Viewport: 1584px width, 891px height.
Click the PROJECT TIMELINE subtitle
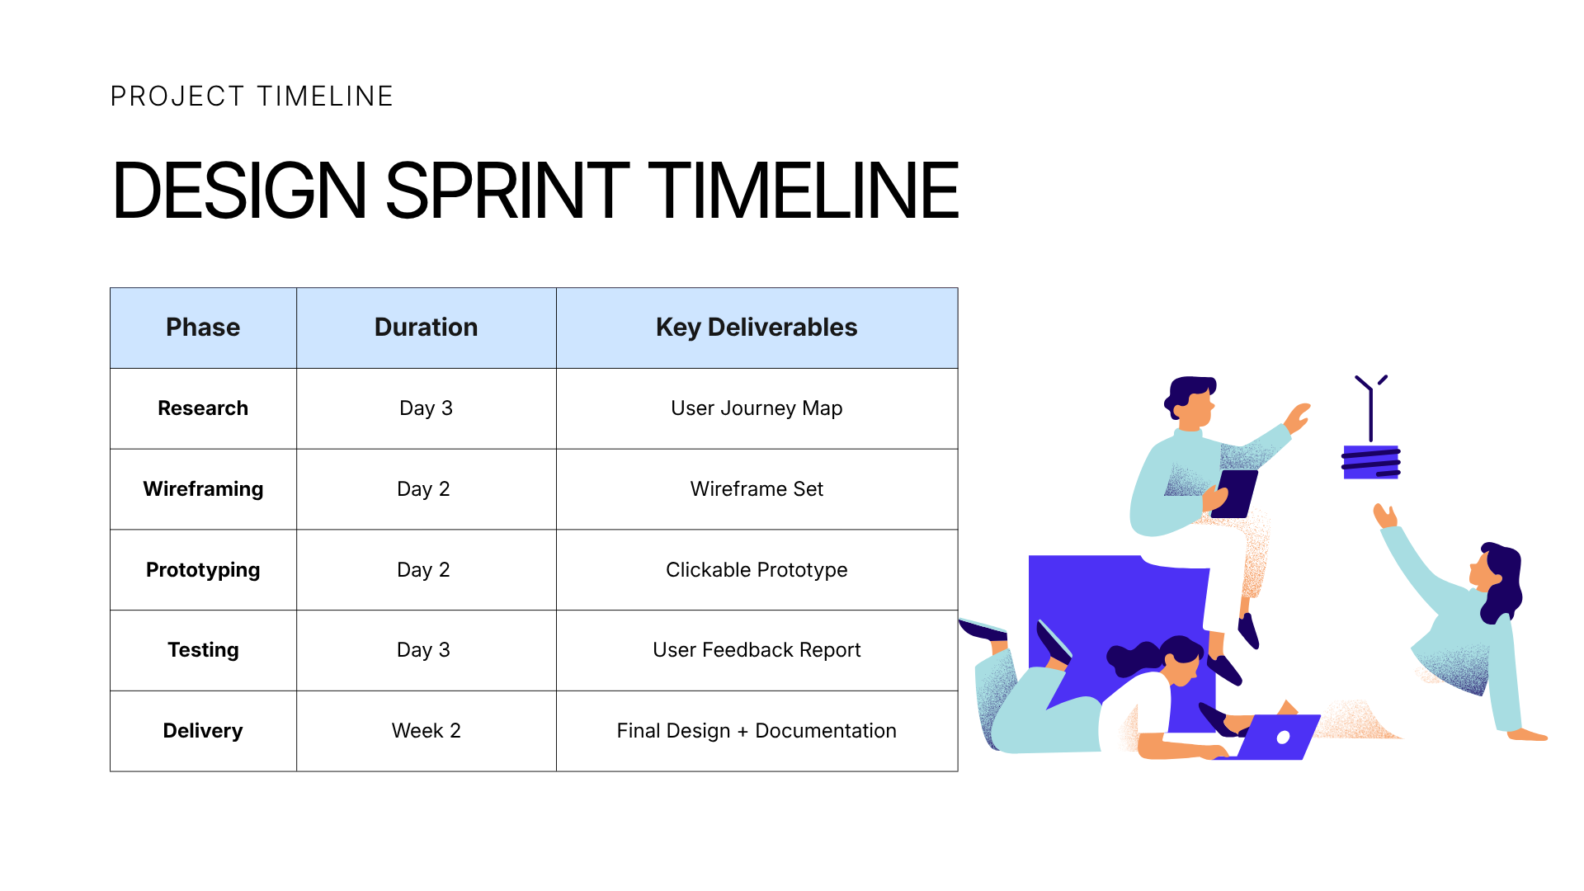click(x=252, y=97)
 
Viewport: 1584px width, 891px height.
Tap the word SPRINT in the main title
click(x=507, y=191)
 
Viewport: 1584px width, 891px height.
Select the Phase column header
click(x=203, y=328)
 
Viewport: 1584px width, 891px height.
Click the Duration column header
click(x=426, y=328)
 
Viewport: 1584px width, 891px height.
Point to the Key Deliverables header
click(x=757, y=328)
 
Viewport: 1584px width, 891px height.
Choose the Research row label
click(x=203, y=408)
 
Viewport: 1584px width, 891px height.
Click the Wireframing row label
click(x=203, y=489)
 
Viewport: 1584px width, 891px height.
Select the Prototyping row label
click(x=203, y=570)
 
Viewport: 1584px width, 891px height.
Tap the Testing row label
click(x=203, y=650)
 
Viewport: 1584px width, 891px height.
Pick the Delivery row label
click(x=203, y=731)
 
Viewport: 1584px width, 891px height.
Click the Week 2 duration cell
click(x=426, y=731)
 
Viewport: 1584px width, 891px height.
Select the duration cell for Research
click(x=426, y=408)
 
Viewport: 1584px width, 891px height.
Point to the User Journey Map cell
click(x=757, y=408)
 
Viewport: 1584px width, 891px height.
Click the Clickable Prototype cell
click(x=757, y=570)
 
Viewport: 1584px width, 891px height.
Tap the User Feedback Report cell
click(x=757, y=650)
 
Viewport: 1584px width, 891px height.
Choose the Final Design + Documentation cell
click(x=757, y=731)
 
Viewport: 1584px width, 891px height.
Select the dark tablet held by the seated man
click(x=1235, y=493)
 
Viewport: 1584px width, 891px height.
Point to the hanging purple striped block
click(x=1371, y=462)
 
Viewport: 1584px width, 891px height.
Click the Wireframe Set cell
click(x=757, y=489)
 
